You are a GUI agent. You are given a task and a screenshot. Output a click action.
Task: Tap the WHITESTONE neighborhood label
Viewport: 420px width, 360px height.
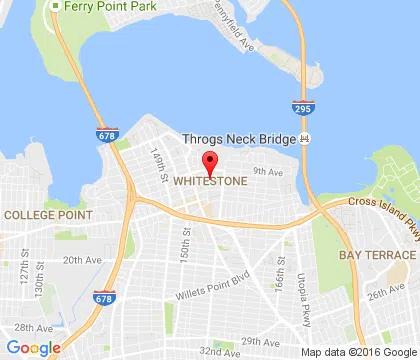coord(210,182)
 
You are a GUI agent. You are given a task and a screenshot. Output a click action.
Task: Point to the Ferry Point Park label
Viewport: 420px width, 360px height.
coord(96,6)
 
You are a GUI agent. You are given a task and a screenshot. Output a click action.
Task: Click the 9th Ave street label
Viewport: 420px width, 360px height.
coord(263,170)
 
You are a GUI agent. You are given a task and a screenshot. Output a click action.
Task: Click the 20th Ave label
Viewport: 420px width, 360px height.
coord(79,259)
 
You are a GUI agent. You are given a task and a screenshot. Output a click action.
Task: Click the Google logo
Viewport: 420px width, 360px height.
coord(34,347)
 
